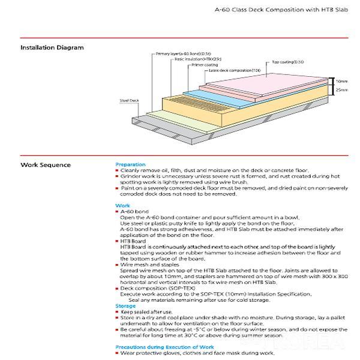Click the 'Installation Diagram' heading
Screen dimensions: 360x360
52,47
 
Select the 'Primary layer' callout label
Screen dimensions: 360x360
179,54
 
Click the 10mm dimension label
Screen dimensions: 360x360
341,80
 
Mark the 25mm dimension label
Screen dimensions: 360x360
341,89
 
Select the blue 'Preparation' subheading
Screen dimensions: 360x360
130,164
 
